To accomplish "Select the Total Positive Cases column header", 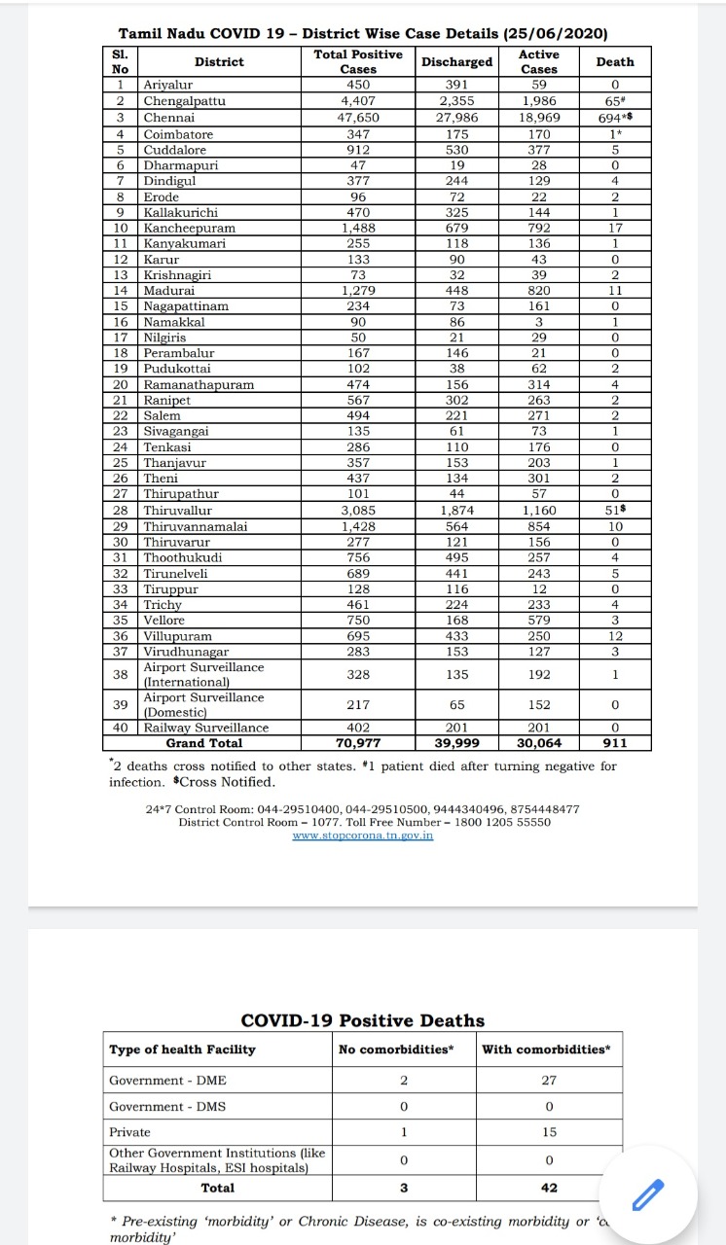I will (358, 61).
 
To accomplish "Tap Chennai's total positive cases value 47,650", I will (358, 117).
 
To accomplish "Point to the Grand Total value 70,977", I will (358, 743).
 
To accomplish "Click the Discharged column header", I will (456, 61).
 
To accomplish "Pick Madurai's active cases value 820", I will (539, 290).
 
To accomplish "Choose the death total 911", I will (614, 743).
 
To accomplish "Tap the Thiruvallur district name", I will (177, 510).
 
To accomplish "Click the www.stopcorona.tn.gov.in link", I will (363, 836).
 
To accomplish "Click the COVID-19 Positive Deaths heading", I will (362, 1020).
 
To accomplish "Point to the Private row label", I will (129, 1132).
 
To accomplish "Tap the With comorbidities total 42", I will (550, 1188).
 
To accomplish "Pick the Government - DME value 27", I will (550, 1081).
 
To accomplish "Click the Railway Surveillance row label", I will (205, 728).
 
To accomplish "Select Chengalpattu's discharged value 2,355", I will (456, 100).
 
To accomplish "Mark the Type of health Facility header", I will (182, 1049).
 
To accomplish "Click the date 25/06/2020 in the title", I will (555, 33).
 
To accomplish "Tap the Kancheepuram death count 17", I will (614, 228).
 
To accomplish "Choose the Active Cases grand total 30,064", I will (539, 743).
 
